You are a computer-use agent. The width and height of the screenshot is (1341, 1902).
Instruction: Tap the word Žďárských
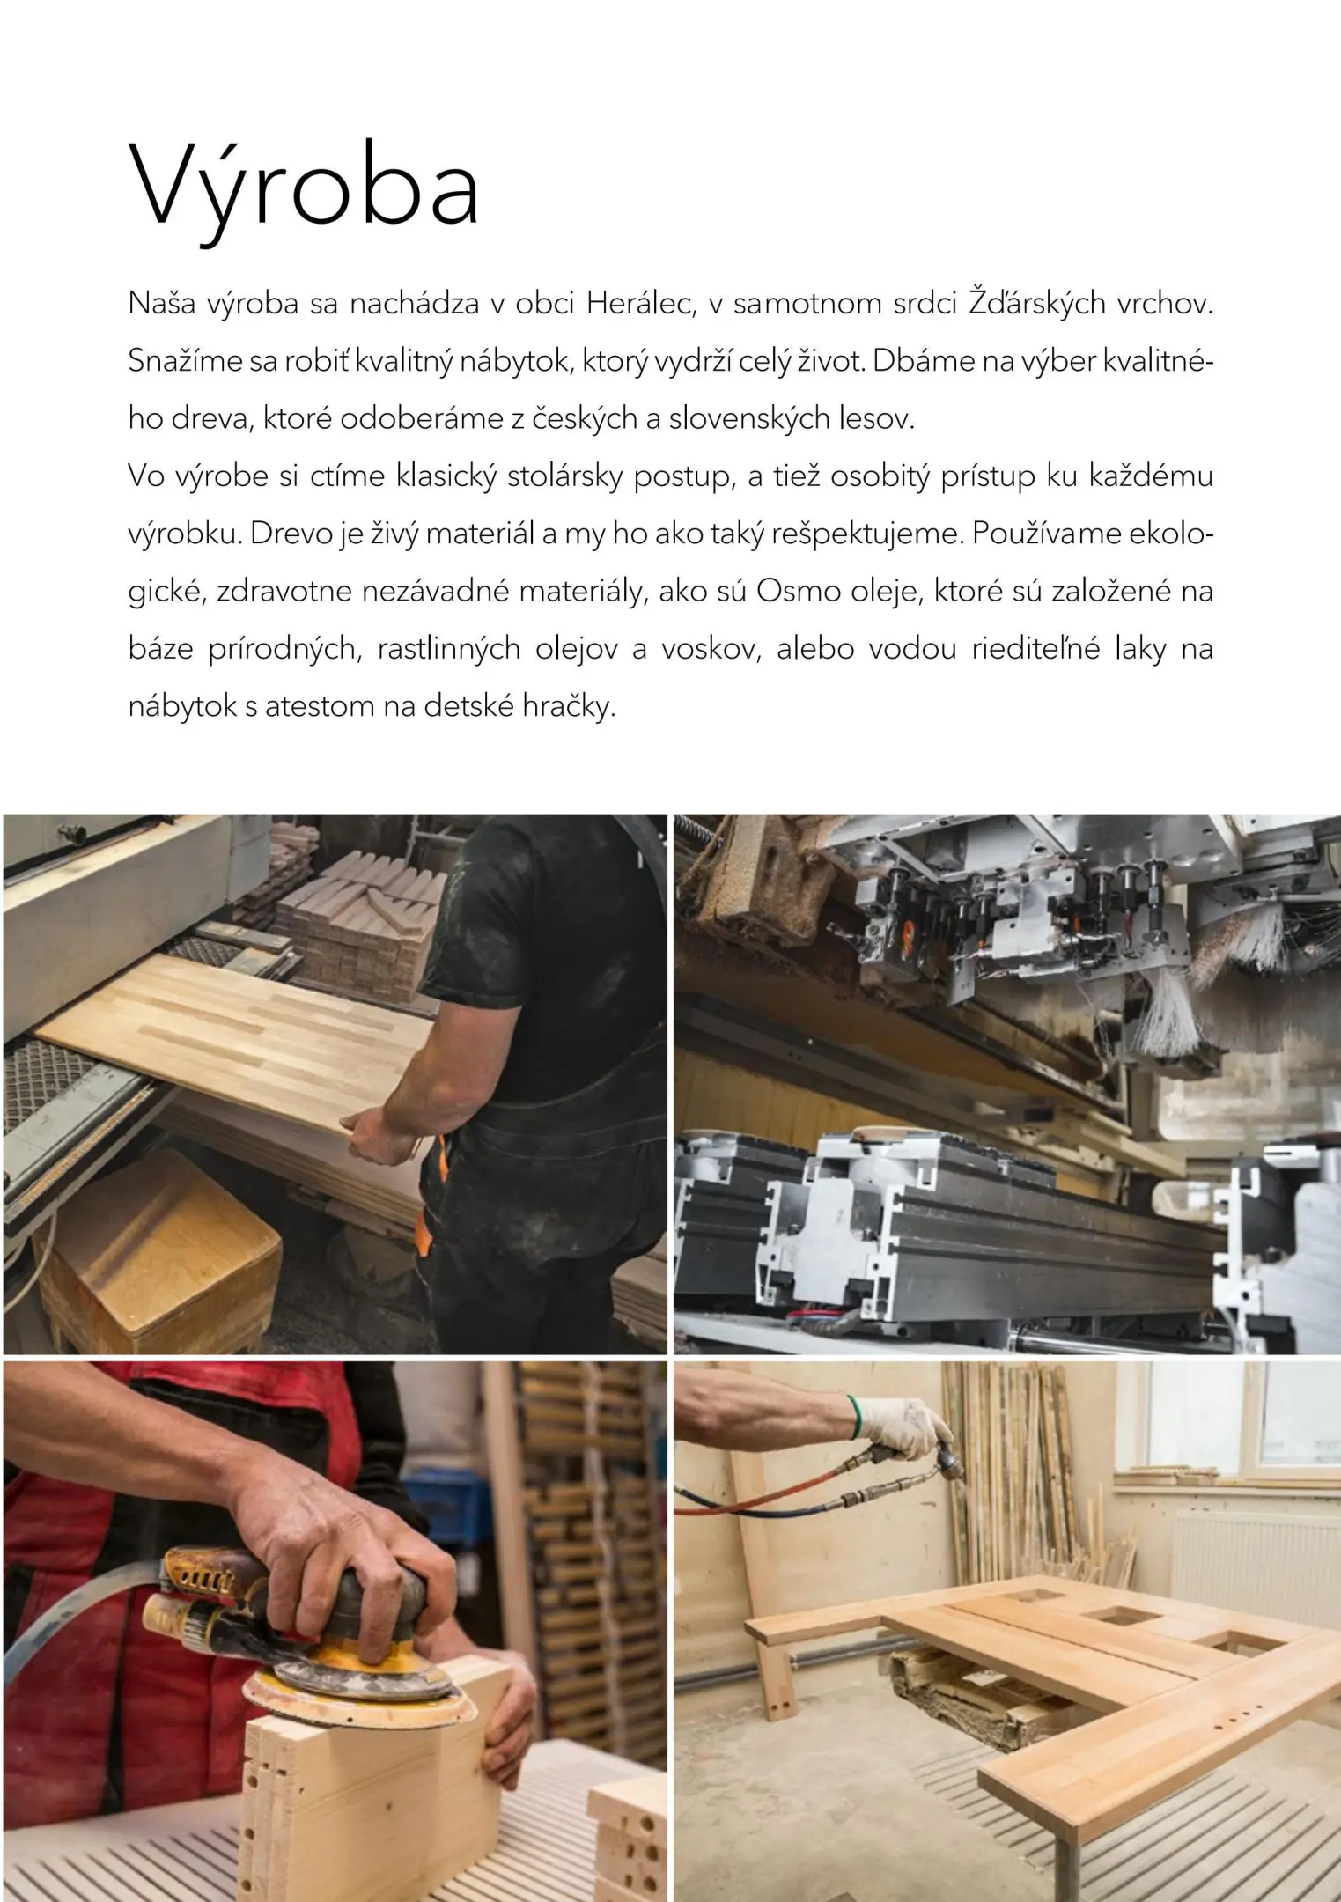pos(1037,304)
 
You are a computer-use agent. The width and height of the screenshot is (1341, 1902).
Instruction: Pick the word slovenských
pos(746,419)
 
